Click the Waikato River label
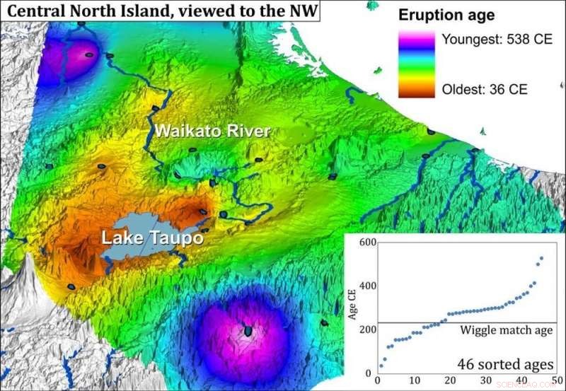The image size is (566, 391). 212,132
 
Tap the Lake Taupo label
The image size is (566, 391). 152,238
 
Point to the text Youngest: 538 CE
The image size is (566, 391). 496,40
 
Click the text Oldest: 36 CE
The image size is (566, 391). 485,90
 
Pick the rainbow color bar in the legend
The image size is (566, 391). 417,64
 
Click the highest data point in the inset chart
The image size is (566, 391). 542,259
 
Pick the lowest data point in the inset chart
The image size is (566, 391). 381,366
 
